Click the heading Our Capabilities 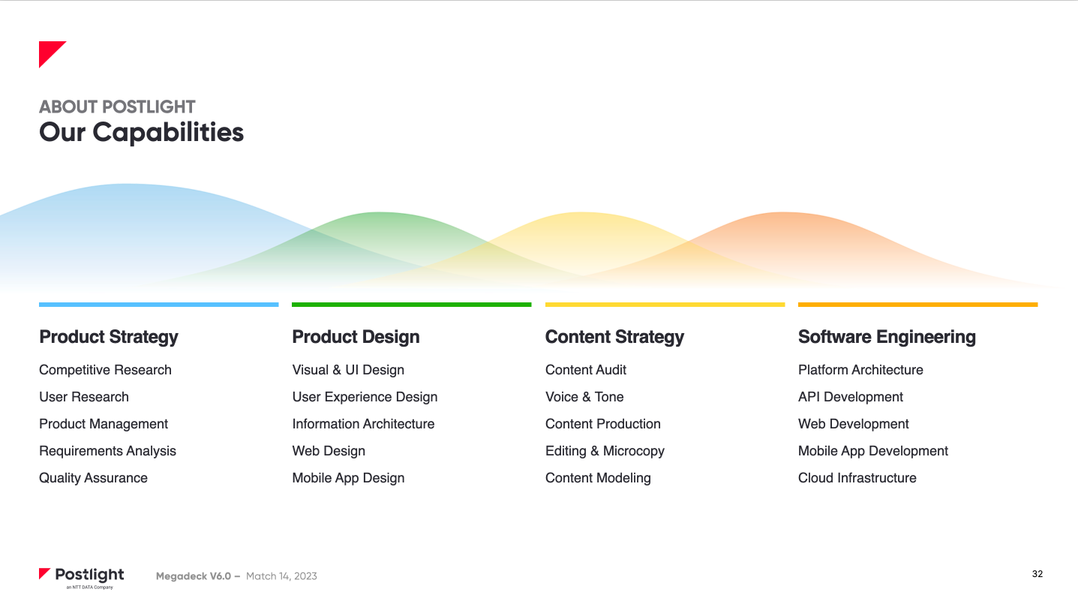tap(142, 132)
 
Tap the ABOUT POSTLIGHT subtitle tap(117, 107)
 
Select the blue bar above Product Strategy tap(159, 305)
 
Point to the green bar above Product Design tap(411, 305)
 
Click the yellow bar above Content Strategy tap(665, 305)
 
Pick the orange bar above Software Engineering tap(917, 305)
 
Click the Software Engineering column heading tap(887, 337)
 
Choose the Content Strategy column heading tap(614, 337)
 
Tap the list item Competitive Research tap(105, 370)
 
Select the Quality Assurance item tap(93, 478)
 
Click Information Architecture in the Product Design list tap(363, 423)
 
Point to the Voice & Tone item tap(584, 397)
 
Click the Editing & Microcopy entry tap(605, 451)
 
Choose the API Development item tap(851, 397)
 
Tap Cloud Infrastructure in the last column tap(857, 478)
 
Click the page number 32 tap(1037, 574)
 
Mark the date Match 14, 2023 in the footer tap(281, 576)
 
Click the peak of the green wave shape tap(380, 212)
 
